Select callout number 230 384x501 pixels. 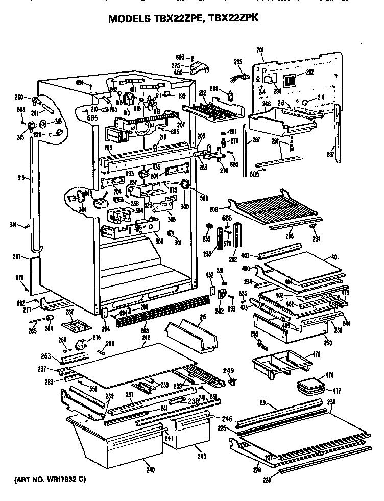coord(331,402)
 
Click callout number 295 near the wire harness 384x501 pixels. coord(237,62)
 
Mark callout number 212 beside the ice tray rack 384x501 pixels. coord(202,93)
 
